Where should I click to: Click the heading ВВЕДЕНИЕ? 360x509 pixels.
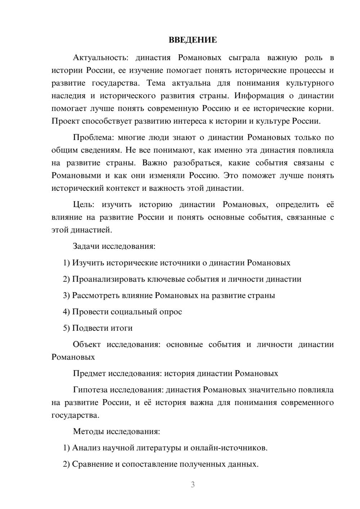pyautogui.click(x=193, y=40)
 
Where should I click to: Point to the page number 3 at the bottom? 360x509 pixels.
pyautogui.click(x=193, y=485)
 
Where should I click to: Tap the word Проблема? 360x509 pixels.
pyautogui.click(x=93, y=138)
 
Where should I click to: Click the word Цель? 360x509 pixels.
pyautogui.click(x=83, y=205)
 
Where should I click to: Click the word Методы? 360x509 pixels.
pyautogui.click(x=88, y=431)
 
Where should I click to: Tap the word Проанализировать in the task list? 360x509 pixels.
pyautogui.click(x=105, y=279)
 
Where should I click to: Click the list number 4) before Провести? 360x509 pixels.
pyautogui.click(x=66, y=312)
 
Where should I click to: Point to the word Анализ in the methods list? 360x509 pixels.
pyautogui.click(x=86, y=448)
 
